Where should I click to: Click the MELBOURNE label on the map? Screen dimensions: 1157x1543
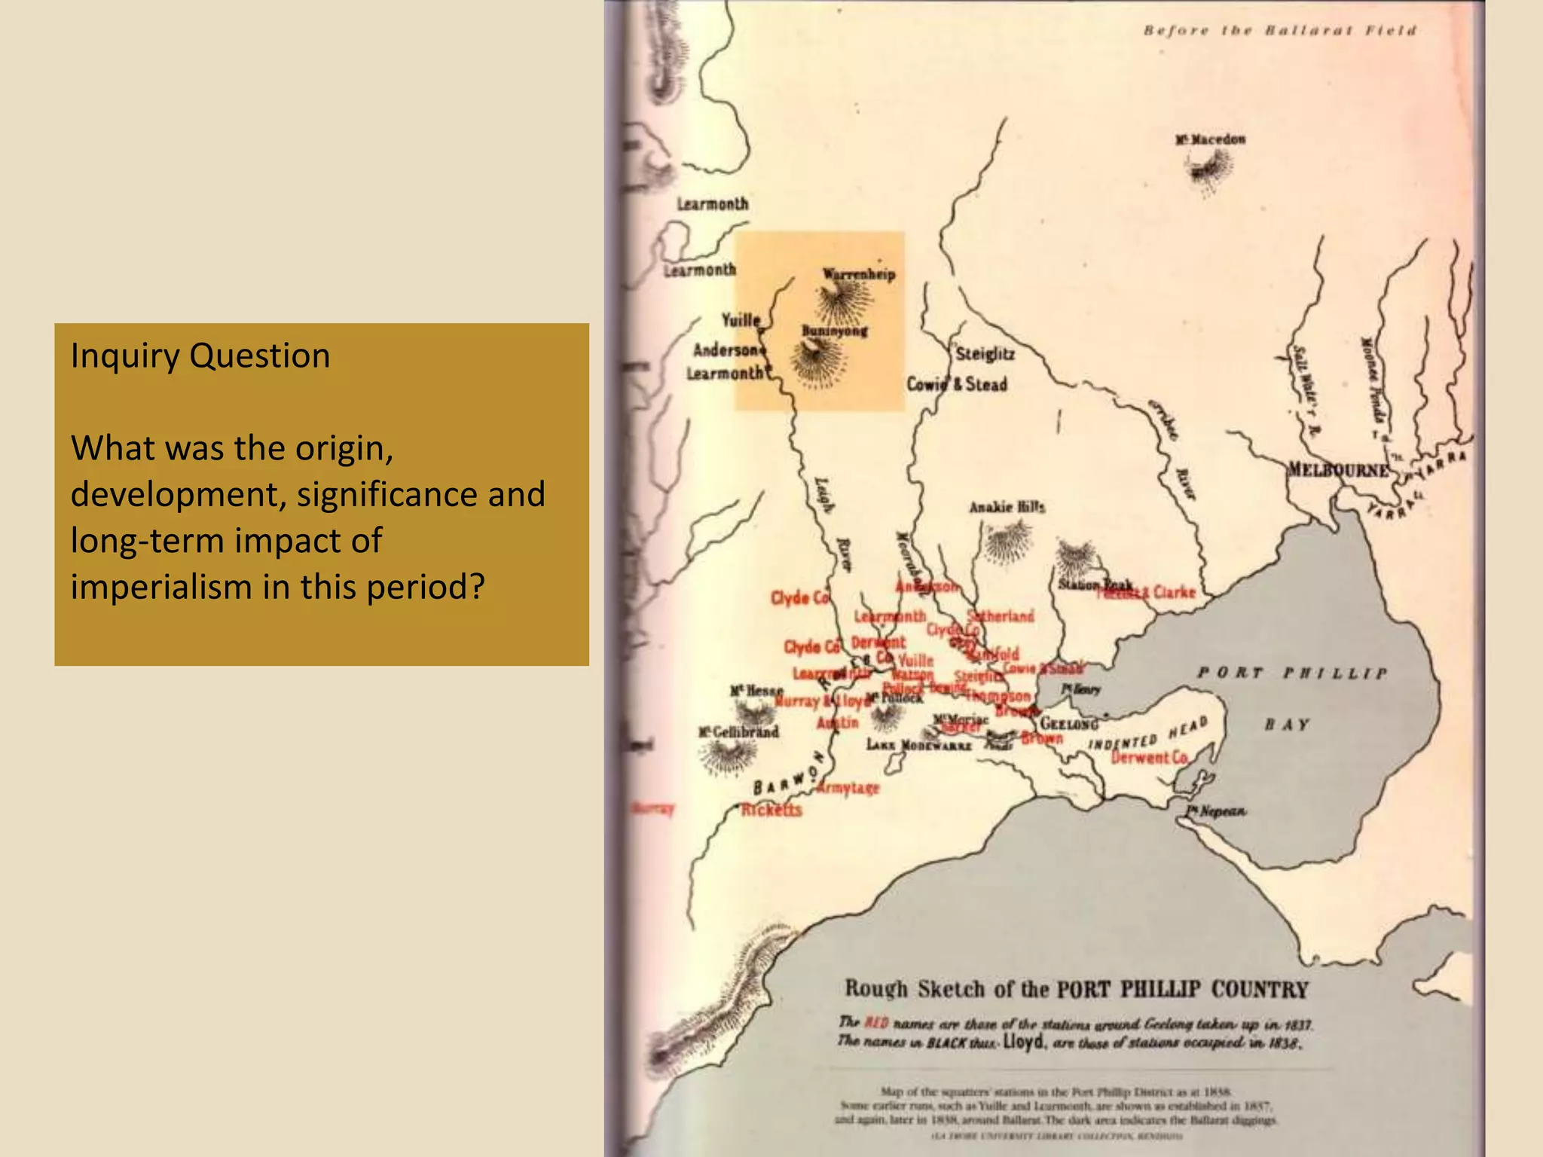[x=1337, y=470]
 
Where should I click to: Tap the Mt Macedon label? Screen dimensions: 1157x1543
[x=1210, y=139]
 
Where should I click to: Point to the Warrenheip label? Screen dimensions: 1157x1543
[x=859, y=274]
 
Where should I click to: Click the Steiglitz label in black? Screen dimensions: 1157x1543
[x=985, y=353]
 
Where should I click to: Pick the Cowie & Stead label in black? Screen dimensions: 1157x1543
[x=956, y=384]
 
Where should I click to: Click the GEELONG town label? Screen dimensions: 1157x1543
[x=1068, y=724]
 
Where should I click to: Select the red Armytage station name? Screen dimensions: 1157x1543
[x=848, y=788]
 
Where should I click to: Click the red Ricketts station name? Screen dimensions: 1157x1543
[x=771, y=811]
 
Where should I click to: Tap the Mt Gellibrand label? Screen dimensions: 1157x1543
[x=738, y=731]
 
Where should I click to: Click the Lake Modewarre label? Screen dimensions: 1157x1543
[x=918, y=745]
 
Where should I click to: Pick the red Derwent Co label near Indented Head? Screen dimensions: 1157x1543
[x=1150, y=757]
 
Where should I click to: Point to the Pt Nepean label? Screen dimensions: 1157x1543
[x=1216, y=811]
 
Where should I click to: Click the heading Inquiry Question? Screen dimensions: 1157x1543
[x=200, y=356]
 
